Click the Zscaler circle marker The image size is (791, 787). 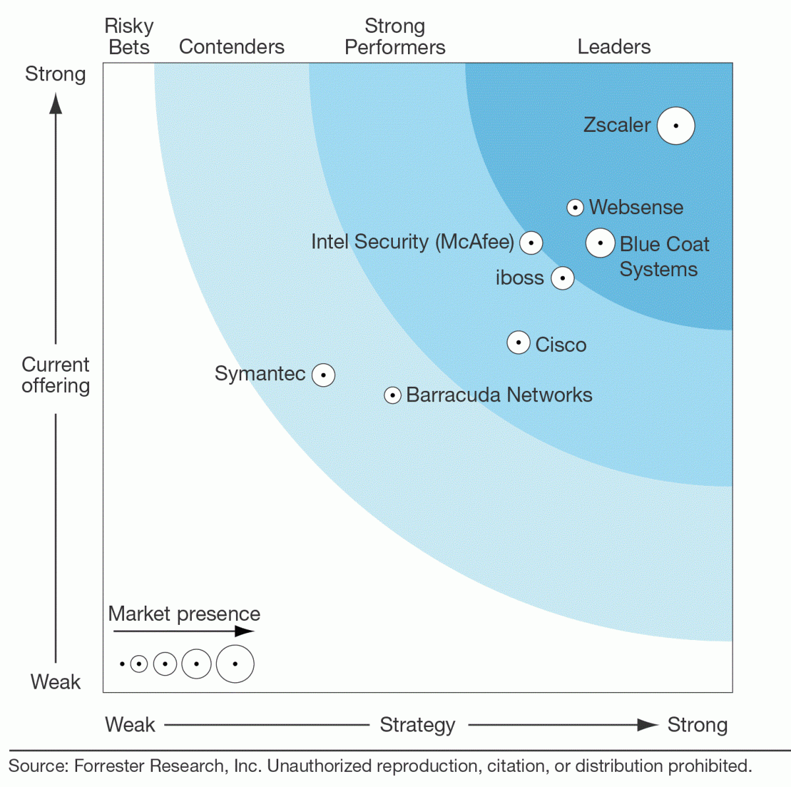[676, 125]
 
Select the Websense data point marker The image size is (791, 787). [575, 208]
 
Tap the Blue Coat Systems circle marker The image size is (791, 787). [600, 243]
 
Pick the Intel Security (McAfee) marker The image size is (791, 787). [531, 243]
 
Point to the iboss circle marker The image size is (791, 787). [562, 278]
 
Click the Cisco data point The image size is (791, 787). [519, 343]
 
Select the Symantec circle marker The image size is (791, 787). [323, 374]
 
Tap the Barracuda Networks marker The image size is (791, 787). [392, 395]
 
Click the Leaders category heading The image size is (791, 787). [614, 47]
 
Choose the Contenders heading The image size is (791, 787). [231, 47]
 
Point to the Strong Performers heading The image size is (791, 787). [395, 36]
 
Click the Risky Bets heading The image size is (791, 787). [129, 36]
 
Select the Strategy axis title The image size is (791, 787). [417, 725]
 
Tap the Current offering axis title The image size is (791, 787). [55, 375]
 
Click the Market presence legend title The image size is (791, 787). [184, 614]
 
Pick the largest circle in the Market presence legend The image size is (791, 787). [235, 664]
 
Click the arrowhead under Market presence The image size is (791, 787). [245, 631]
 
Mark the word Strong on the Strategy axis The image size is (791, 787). [697, 725]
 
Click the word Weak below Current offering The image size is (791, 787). [55, 682]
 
